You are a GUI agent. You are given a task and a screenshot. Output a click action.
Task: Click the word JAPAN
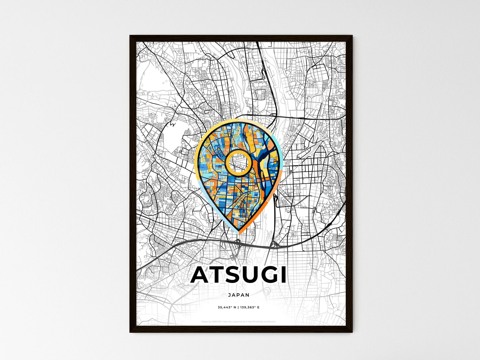239,295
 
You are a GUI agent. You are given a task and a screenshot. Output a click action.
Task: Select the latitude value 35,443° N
227,307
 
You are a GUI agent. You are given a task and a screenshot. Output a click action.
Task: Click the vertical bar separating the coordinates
239,307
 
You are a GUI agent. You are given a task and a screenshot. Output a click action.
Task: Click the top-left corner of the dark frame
130,36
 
